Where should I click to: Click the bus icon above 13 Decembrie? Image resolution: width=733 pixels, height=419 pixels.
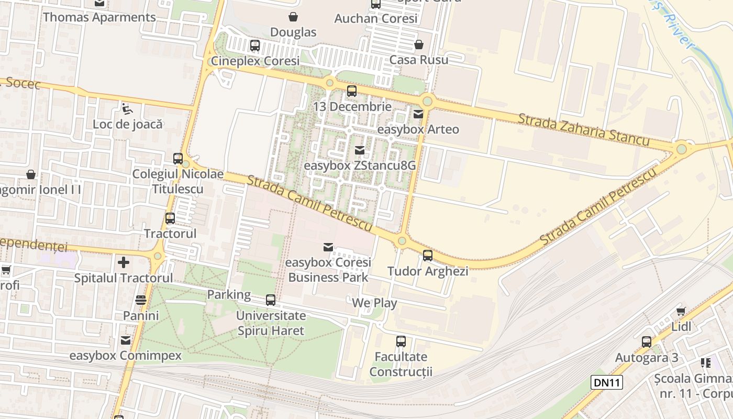coord(352,91)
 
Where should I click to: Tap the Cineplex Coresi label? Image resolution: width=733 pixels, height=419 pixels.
coord(255,61)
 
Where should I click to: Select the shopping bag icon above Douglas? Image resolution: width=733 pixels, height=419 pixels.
coord(293,17)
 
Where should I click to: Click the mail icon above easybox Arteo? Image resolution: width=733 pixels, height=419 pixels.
coord(418,114)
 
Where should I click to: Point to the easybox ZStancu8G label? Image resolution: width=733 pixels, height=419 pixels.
coord(360,166)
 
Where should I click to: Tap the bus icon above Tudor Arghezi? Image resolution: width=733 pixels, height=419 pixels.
coord(428,256)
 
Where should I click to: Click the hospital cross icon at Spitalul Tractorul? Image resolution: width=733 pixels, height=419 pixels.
coord(124,262)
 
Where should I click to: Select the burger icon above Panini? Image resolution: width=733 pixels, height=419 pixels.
coord(141,300)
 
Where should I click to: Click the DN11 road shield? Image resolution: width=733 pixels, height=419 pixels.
coord(607,382)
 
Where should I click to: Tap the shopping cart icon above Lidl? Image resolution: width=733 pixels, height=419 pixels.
coord(681,311)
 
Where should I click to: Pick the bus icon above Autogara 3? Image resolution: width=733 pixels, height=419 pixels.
coord(647,342)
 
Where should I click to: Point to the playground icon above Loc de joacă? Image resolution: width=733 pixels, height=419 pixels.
coord(127,109)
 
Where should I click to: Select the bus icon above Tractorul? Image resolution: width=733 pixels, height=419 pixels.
coord(170,218)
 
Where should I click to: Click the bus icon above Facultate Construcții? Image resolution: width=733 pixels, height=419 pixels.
coord(401,341)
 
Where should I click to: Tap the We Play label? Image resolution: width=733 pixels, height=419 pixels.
coord(374,303)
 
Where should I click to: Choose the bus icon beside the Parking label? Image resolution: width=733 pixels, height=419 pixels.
coord(271,300)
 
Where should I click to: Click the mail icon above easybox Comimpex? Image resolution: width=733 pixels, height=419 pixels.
coord(126,340)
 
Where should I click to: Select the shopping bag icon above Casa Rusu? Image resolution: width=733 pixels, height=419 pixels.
coord(419,45)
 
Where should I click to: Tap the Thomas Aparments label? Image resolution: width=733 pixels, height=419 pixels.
coord(99,17)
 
